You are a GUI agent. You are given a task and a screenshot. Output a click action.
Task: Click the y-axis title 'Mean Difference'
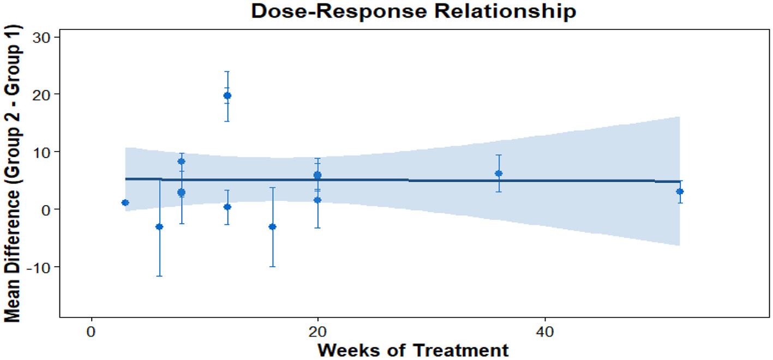13,174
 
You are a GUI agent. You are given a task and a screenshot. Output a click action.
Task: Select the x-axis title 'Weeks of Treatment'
414,349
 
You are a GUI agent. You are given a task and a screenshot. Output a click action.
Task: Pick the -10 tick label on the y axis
37,267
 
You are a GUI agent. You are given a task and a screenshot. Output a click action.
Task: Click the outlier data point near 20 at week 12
227,96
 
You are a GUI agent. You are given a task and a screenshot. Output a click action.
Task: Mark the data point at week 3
125,202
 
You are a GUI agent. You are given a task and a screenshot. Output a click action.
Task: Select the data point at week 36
499,173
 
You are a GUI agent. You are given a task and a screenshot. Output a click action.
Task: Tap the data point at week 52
680,191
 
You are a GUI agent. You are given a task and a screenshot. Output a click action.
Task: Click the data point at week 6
159,226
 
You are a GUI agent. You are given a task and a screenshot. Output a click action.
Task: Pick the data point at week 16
272,226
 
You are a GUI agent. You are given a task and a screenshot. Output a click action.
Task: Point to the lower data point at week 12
227,207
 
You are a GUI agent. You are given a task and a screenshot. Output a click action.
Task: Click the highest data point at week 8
182,161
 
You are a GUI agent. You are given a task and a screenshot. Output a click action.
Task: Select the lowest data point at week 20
317,200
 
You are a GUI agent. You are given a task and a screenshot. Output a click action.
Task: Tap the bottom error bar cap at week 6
159,276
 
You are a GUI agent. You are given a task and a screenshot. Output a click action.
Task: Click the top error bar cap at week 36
499,155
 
